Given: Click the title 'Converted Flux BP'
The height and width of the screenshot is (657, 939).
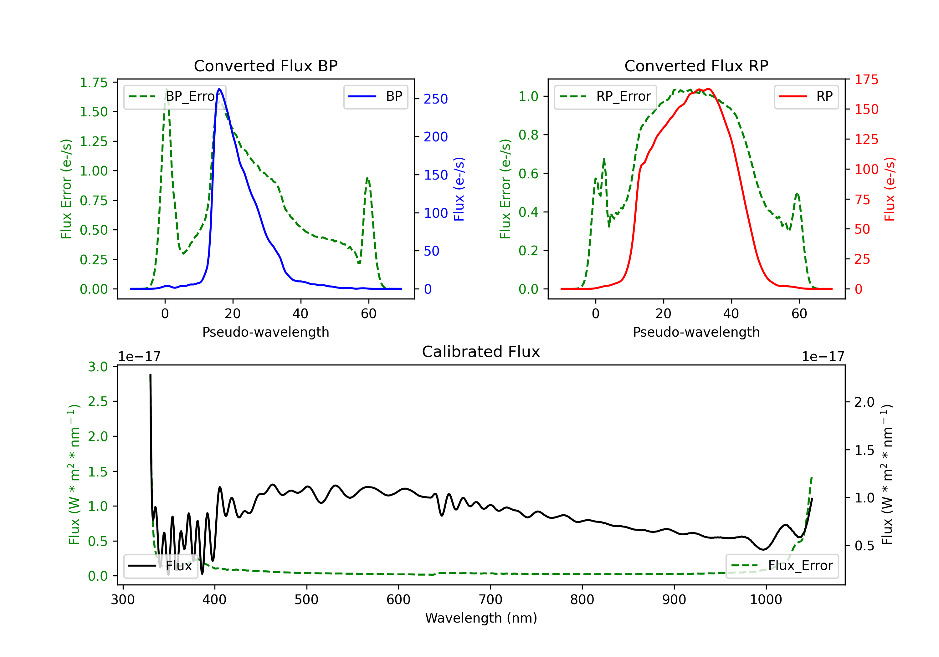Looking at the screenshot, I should pos(265,66).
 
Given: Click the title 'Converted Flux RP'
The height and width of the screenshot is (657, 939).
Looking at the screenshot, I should pos(696,66).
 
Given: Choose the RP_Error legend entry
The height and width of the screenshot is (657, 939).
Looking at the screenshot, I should pos(605,96).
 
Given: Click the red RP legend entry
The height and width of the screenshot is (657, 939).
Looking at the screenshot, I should pos(806,96).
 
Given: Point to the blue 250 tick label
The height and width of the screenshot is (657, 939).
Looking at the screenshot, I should pos(436,99).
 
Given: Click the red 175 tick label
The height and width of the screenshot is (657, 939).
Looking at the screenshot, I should pos(866,80).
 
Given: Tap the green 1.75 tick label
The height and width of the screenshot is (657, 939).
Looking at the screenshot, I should pos(94,83).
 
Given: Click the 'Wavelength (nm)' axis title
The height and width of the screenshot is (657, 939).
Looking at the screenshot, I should pos(481,618).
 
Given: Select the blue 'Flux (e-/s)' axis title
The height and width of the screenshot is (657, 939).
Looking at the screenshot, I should pos(459,189).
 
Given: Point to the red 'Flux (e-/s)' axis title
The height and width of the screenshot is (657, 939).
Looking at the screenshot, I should pos(890,189).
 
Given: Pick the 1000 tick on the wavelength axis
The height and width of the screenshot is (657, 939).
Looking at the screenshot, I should pos(766,599).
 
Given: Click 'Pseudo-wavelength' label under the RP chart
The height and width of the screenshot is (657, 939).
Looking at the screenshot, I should pos(696,332).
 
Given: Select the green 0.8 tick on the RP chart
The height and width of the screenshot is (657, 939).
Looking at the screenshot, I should pos(528,135).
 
